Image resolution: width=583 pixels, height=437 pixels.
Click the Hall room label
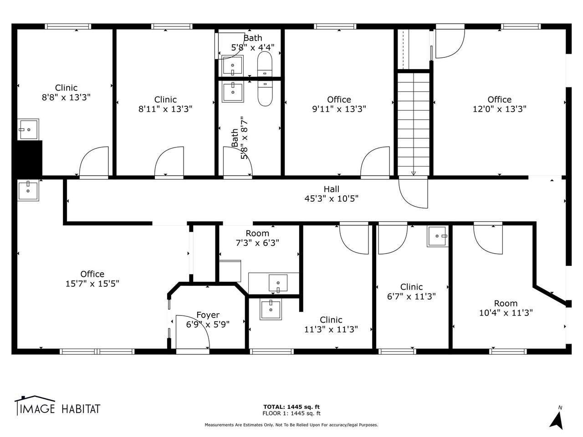[331, 189]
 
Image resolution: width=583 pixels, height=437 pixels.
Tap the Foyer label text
[208, 315]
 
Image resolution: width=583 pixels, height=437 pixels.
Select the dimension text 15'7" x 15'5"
[92, 284]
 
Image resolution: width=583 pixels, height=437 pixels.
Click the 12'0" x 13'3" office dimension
[499, 109]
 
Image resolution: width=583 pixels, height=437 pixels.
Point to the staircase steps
[413, 123]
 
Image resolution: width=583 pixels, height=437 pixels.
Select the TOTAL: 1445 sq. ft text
[291, 407]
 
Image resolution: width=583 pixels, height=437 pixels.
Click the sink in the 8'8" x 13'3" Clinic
[28, 129]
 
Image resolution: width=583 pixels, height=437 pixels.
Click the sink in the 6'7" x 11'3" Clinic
[437, 236]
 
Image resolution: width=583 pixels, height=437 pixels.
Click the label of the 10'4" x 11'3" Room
[506, 303]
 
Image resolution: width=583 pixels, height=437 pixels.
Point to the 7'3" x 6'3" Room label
[257, 234]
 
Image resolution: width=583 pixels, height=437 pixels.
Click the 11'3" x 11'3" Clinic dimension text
[331, 330]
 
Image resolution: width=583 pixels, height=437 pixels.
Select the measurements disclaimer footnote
[291, 425]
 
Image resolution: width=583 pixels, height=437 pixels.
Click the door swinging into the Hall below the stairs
[413, 193]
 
